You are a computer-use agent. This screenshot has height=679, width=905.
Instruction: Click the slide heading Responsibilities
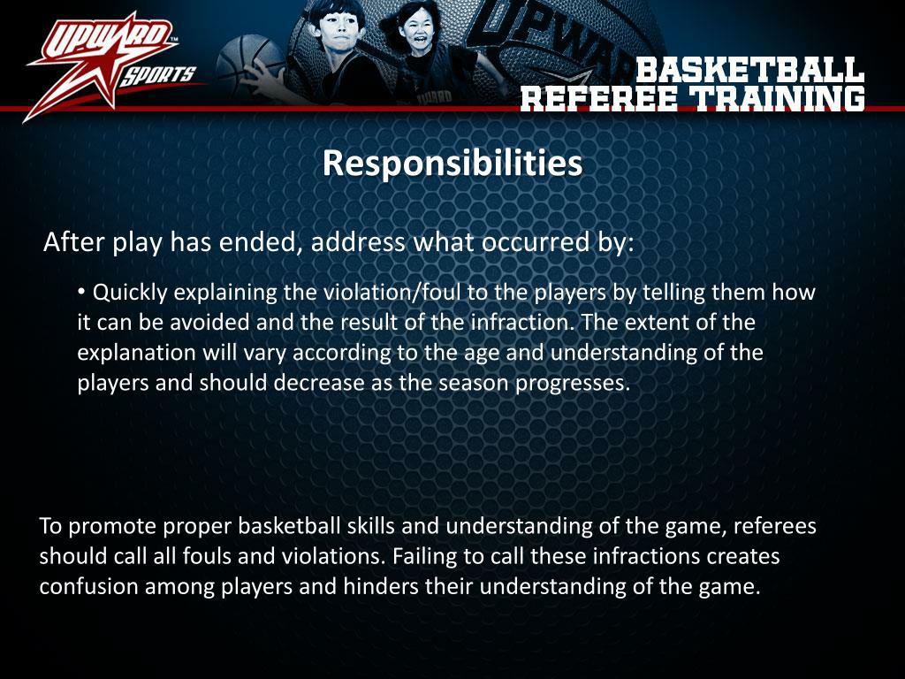(452, 164)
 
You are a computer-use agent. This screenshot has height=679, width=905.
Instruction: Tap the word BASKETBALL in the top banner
(749, 70)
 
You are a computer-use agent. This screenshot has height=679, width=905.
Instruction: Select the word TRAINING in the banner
(779, 97)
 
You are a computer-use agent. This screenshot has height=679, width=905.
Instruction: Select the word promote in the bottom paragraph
(108, 527)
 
